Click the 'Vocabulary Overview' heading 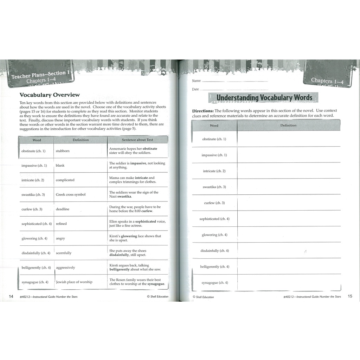(x=50, y=95)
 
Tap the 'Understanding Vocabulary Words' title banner (x=264, y=97)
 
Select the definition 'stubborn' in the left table (x=63, y=151)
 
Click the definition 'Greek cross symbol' (x=71, y=194)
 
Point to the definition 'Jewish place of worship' (x=74, y=282)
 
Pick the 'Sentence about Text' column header (x=137, y=140)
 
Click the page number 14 (x=11, y=296)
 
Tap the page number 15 (x=350, y=296)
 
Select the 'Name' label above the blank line (x=196, y=81)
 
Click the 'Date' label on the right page (x=195, y=89)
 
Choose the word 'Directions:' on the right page (x=203, y=111)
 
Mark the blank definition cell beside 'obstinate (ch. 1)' (x=289, y=139)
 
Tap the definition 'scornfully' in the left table (x=64, y=253)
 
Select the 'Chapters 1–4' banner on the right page (x=327, y=81)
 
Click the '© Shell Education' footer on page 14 (x=157, y=296)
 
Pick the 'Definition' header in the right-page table (x=288, y=125)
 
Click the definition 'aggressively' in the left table (x=65, y=268)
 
